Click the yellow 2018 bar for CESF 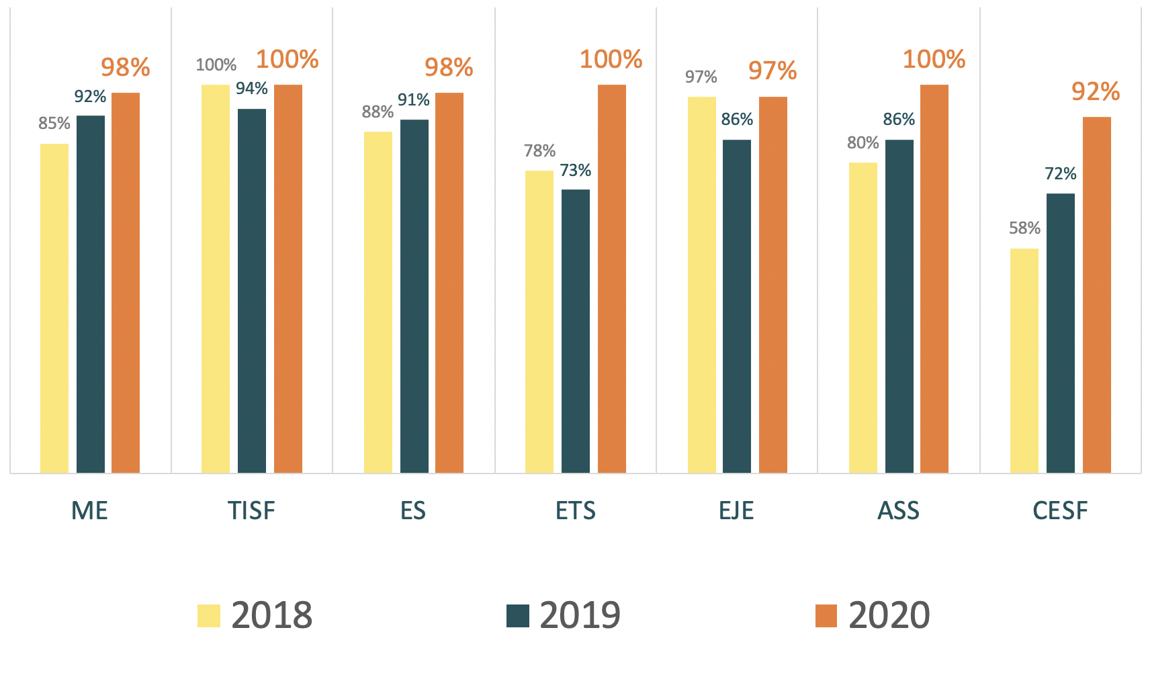pos(1024,361)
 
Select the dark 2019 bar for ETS pos(576,331)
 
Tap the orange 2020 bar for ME pos(126,283)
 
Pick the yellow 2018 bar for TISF pos(216,279)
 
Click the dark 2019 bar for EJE pos(737,306)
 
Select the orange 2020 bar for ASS pos(934,279)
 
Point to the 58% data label pos(1024,228)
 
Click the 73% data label pos(576,171)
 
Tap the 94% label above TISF pos(252,89)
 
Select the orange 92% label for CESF pos(1096,92)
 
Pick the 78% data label pos(539,151)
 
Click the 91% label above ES pos(413,100)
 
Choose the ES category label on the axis pos(413,511)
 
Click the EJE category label pos(736,511)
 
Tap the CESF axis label pos(1060,511)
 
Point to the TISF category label pos(251,511)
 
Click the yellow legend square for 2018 pos(209,615)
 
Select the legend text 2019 pos(580,615)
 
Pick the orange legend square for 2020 pos(826,615)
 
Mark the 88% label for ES pos(378,112)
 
